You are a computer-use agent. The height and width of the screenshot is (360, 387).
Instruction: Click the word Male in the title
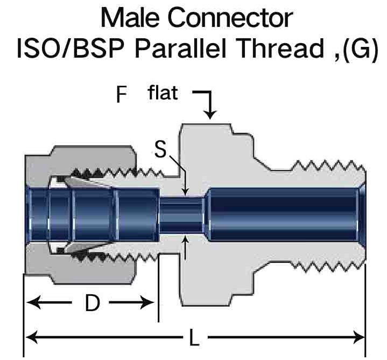point(130,18)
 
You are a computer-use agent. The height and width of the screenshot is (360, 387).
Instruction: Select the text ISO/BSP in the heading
point(68,49)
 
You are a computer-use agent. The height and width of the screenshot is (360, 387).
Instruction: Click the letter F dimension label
point(122,95)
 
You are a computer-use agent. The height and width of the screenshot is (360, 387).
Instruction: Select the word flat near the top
point(162,93)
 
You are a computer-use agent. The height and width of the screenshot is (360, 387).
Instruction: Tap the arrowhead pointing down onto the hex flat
point(210,114)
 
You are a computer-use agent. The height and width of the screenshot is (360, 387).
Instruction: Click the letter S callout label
point(160,149)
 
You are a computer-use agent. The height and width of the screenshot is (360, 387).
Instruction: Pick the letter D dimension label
point(93,304)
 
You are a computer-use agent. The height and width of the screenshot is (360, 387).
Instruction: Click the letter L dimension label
point(194,338)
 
